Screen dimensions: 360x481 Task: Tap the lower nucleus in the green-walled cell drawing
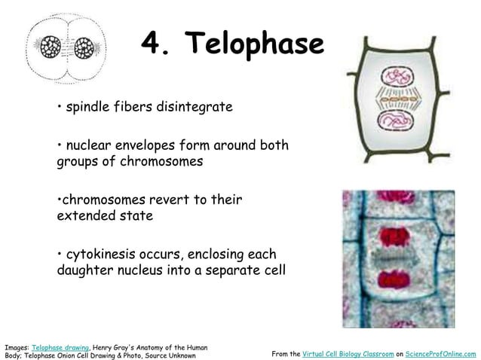[395, 122]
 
